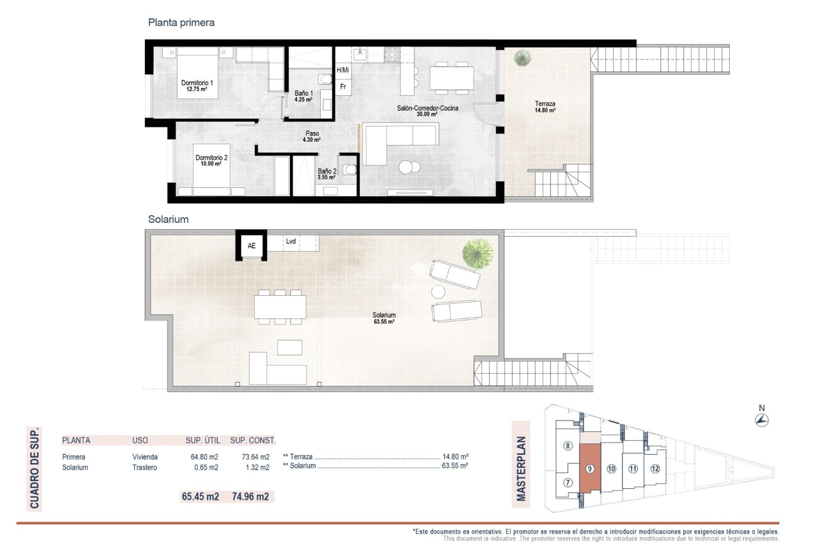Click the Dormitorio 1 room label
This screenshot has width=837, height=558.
pos(197,83)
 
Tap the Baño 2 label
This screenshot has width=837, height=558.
pos(327,171)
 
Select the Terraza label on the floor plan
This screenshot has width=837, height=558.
pos(545,104)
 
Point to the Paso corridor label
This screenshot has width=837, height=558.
pos(312,133)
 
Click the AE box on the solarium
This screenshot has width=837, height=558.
pos(252,246)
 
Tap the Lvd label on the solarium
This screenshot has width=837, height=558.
pos(291,241)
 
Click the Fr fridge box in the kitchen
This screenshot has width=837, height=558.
pos(343,87)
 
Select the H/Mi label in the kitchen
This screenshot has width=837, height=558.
pos(343,70)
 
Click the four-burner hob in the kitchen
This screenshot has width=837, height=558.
pos(391,54)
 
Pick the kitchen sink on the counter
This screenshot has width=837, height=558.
pos(360,54)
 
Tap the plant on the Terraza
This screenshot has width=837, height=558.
pos(522,58)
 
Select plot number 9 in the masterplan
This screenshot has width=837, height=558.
pos(589,469)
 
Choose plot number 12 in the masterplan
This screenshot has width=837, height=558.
pos(655,469)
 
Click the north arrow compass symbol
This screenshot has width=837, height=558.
pos(762,420)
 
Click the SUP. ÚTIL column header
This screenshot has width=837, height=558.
pos(203,440)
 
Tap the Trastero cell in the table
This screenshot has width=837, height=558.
pos(145,467)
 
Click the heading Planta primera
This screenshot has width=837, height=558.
pos(181,23)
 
